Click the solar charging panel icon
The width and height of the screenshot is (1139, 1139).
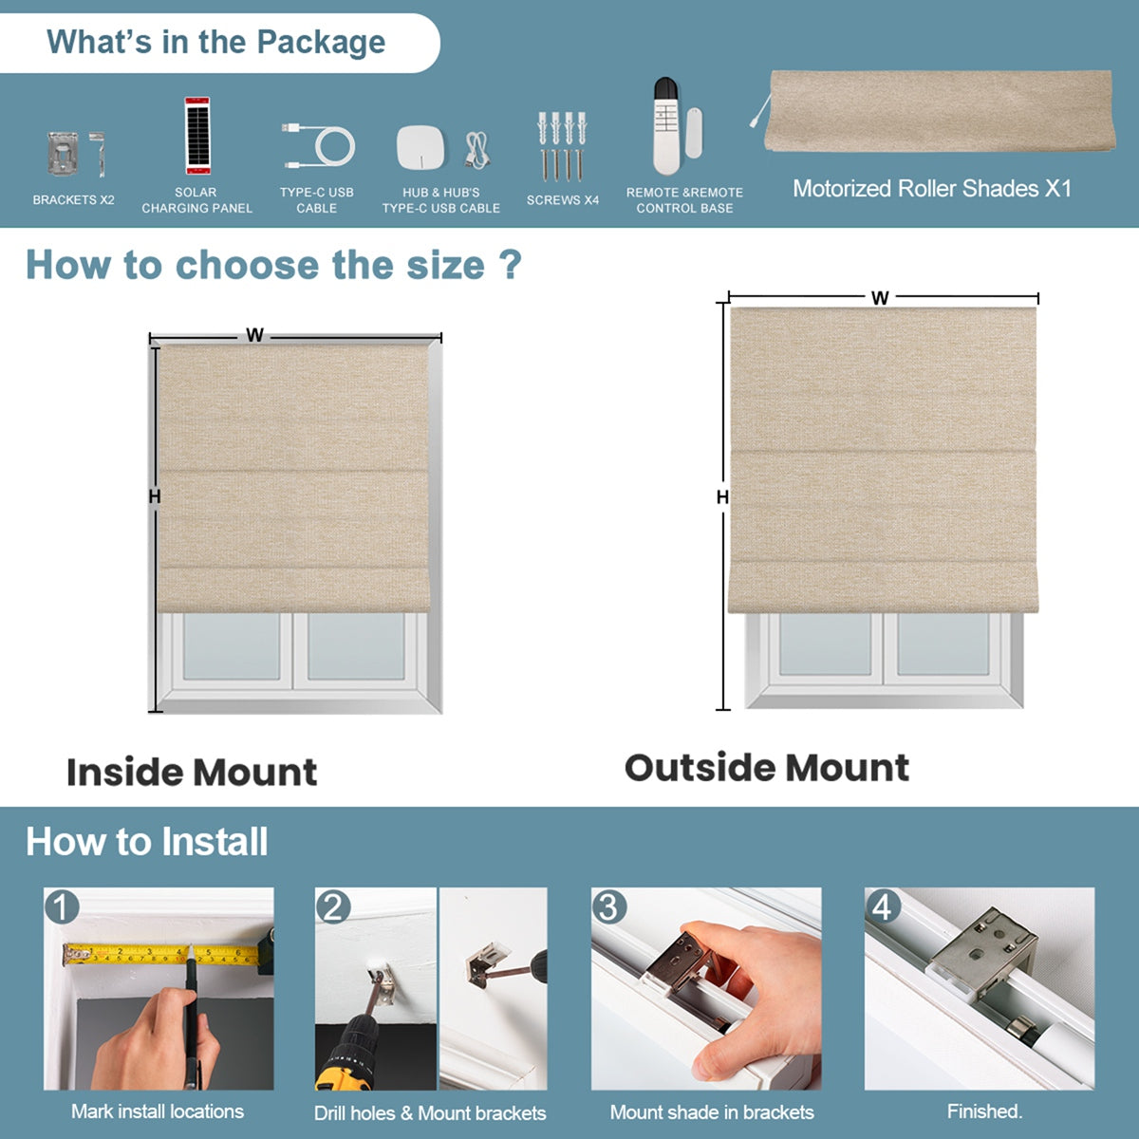(196, 135)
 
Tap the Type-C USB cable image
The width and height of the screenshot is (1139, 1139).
(318, 144)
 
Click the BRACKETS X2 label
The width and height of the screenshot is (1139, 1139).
(73, 200)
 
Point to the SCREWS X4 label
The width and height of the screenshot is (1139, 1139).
(563, 200)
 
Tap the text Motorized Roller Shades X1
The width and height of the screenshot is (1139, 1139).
(932, 189)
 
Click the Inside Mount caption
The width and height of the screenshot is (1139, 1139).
(192, 772)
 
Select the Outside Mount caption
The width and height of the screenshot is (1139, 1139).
(767, 768)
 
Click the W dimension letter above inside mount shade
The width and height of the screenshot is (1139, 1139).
(254, 335)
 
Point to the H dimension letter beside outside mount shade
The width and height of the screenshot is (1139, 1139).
(722, 497)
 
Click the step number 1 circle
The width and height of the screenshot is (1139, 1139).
(62, 907)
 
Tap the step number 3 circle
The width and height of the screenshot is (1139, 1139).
(608, 907)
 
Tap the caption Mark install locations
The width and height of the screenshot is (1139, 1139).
(158, 1111)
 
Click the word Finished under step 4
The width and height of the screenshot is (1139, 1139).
(984, 1111)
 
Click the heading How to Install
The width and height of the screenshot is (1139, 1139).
(147, 842)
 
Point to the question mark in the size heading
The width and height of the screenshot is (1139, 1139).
(511, 264)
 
